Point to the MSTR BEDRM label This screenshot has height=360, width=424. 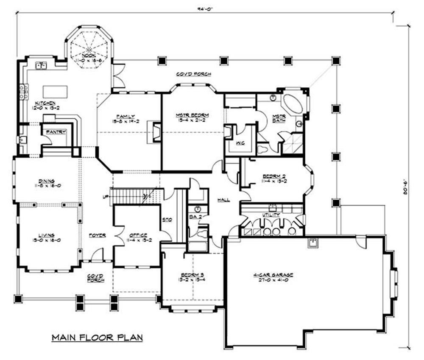click(193, 115)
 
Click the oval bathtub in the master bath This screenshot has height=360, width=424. click(293, 104)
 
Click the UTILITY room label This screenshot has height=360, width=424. click(271, 215)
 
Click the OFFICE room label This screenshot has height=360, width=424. click(138, 235)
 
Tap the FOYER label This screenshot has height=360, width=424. click(97, 235)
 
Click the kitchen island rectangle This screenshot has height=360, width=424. click(55, 91)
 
